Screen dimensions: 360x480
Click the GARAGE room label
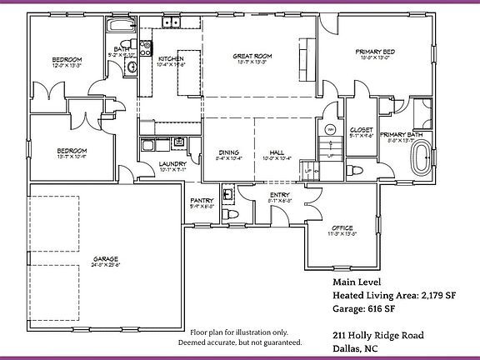[x=106, y=259]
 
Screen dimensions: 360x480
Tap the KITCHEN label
[x=172, y=58]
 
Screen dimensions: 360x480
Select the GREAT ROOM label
[x=253, y=57]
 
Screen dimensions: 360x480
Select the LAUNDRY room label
[x=173, y=164]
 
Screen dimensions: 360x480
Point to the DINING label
[x=229, y=152]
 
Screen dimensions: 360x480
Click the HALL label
[x=277, y=152]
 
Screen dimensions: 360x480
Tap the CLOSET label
[x=361, y=131]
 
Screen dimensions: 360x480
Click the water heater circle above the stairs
[x=329, y=129]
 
